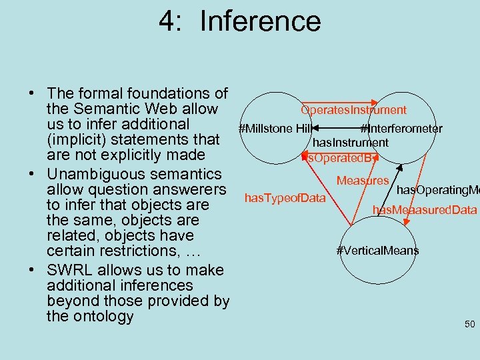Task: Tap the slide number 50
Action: (x=469, y=325)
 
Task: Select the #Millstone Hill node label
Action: (x=275, y=129)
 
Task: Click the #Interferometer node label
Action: (x=401, y=129)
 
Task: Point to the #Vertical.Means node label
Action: (x=377, y=251)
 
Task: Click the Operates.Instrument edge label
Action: (x=353, y=110)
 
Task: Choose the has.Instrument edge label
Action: (x=350, y=143)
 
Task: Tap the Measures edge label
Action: (x=363, y=181)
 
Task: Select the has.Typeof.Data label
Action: (x=285, y=197)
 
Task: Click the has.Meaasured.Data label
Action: (x=425, y=211)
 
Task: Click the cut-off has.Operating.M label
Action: (x=438, y=190)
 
